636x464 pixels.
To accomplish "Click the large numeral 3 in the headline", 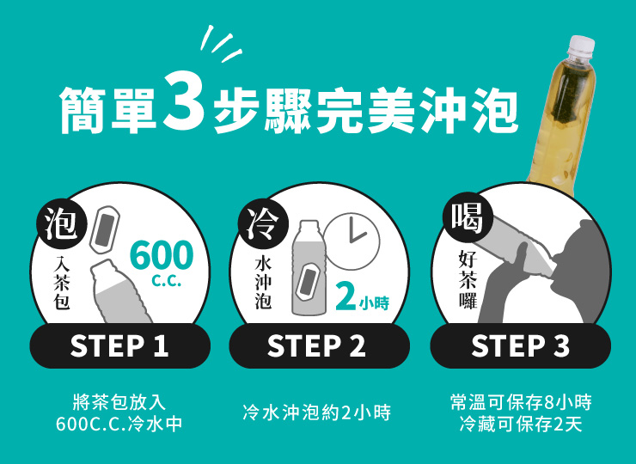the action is click(x=184, y=100).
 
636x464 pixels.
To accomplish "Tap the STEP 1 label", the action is click(x=119, y=345).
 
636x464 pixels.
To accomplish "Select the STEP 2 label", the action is click(x=316, y=345).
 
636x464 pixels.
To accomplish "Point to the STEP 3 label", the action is click(x=520, y=345).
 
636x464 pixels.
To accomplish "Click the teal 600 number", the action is click(x=162, y=255).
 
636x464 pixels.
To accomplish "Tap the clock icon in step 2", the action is click(x=352, y=241).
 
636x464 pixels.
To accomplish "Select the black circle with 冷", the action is click(x=264, y=224).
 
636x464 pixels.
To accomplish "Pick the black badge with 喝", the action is click(x=468, y=219).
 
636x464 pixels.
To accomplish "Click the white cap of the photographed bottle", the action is click(x=582, y=45).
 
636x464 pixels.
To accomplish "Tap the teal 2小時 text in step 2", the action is click(x=362, y=298).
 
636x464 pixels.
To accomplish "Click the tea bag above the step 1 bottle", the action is click(x=104, y=229).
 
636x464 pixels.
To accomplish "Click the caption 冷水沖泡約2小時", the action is click(x=317, y=413).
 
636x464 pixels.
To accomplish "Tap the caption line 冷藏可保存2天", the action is click(x=521, y=424).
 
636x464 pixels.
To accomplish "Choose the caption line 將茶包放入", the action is click(x=119, y=402).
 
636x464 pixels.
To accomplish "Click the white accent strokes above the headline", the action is click(x=221, y=44).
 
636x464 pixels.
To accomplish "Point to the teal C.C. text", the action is click(x=166, y=281).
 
